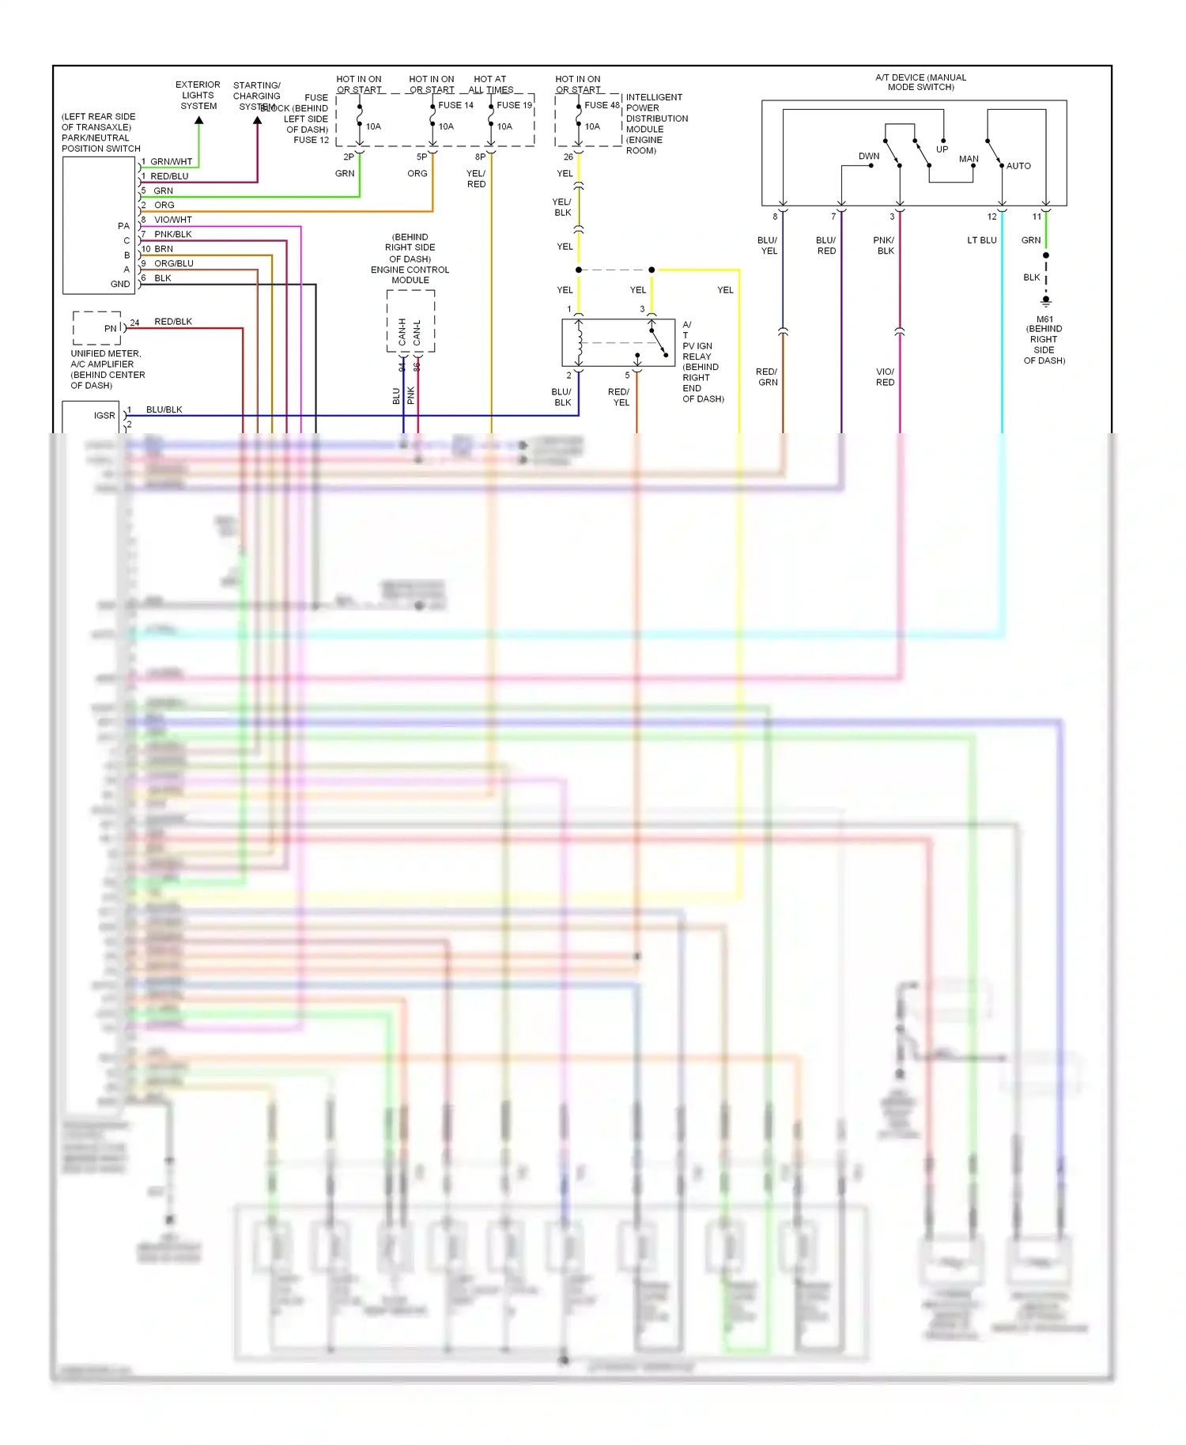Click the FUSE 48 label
[x=602, y=105]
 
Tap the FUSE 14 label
[x=455, y=105]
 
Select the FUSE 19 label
[x=514, y=105]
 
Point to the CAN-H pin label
[x=402, y=332]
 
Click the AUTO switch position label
[x=1018, y=166]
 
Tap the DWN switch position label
[x=869, y=157]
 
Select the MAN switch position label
[x=969, y=159]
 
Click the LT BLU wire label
[x=981, y=240]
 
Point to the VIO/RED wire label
[x=885, y=377]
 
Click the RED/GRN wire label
[x=767, y=377]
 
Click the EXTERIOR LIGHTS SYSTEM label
[x=198, y=95]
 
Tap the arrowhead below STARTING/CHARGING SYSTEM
[x=257, y=121]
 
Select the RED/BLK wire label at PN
[x=173, y=322]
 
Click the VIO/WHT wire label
[x=172, y=220]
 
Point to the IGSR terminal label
[x=104, y=416]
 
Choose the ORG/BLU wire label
[x=173, y=263]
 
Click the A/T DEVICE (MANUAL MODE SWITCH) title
[x=920, y=82]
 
